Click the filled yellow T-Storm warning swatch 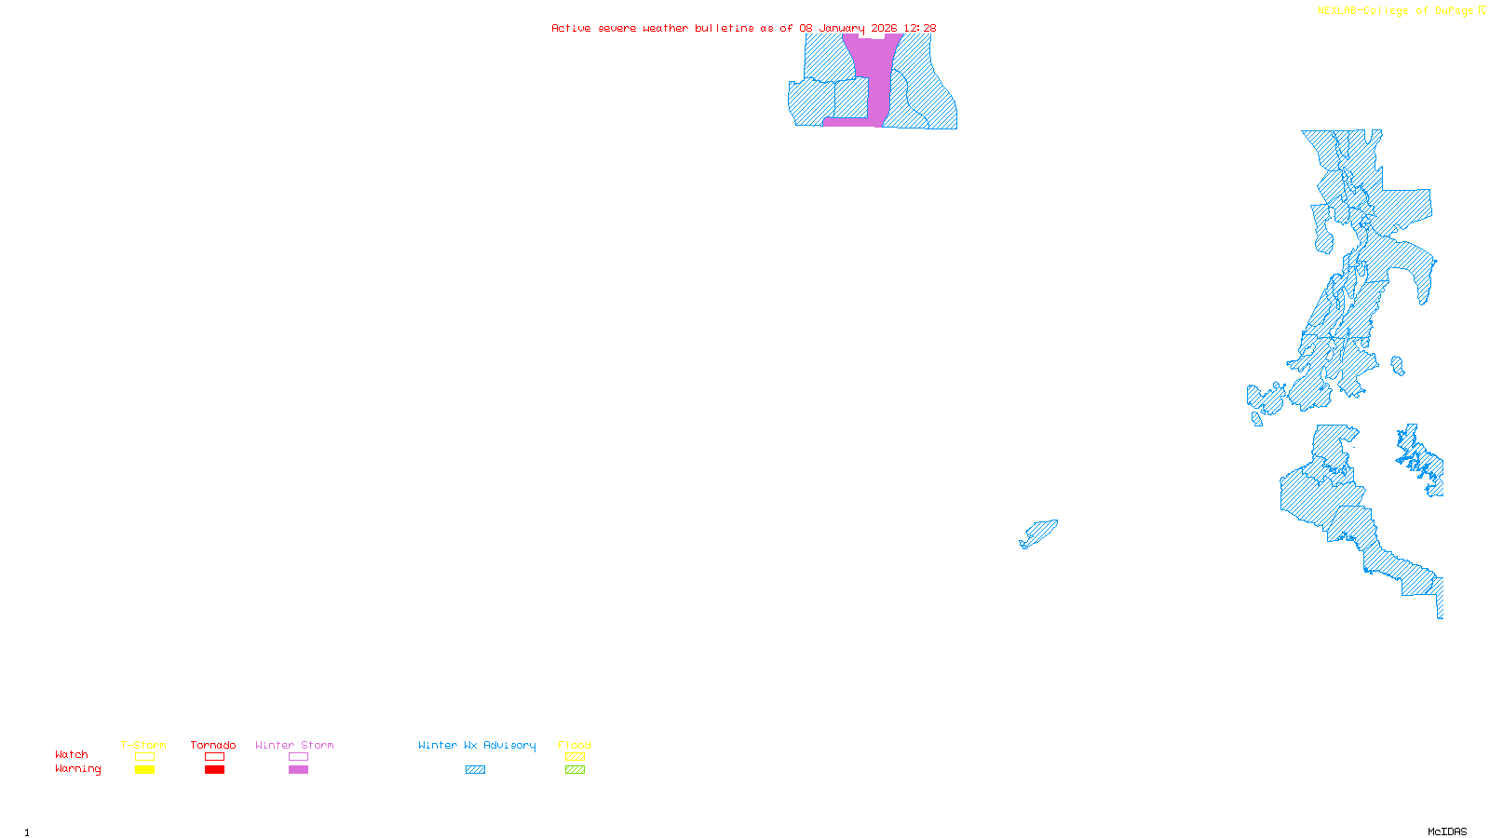point(144,770)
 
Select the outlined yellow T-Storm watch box point(144,757)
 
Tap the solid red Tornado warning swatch point(214,770)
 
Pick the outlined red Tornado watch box point(214,757)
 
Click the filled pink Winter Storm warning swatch point(298,770)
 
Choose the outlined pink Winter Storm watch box point(298,757)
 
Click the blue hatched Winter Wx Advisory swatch point(475,770)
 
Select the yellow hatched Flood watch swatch point(575,757)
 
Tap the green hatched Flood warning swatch point(575,770)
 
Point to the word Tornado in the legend point(213,745)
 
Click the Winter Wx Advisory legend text point(477,745)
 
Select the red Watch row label point(72,754)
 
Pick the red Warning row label point(78,769)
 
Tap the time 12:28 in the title point(920,28)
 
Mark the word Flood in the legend point(575,745)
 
